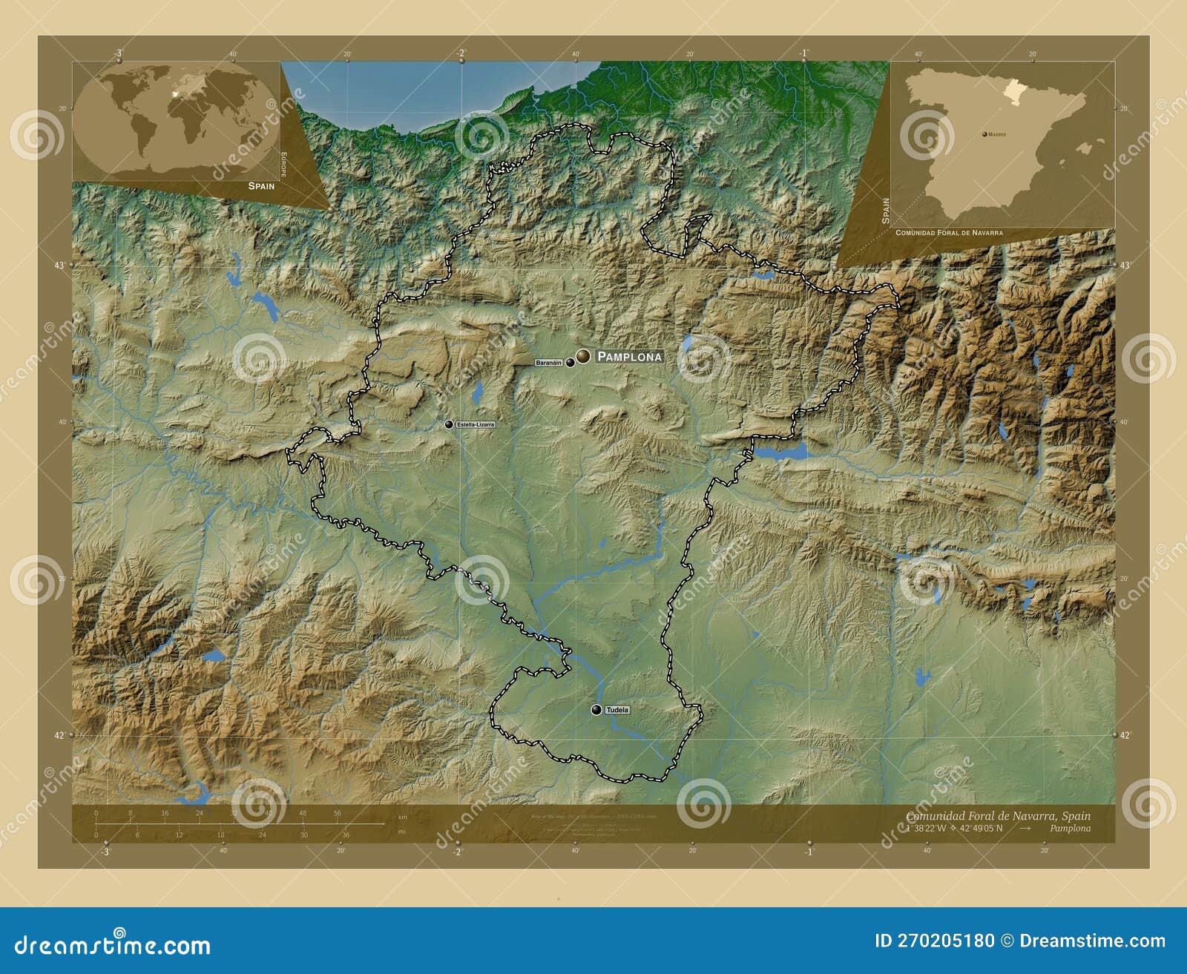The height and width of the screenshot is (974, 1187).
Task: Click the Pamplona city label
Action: pos(629,357)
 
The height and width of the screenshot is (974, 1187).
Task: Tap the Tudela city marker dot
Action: pos(596,710)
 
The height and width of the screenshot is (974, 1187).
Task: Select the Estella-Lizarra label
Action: pos(475,424)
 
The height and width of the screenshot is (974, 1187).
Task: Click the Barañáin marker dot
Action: pos(570,363)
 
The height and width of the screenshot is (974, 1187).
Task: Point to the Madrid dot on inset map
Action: pos(984,134)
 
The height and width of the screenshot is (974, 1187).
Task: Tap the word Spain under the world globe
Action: pos(261,186)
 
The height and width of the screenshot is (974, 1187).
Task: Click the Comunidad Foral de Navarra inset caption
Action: pos(949,233)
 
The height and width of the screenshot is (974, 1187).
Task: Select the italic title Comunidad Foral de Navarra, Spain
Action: pos(998,816)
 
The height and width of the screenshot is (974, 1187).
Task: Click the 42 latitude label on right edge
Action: pos(1125,735)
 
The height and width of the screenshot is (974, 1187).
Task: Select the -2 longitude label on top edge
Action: pos(461,53)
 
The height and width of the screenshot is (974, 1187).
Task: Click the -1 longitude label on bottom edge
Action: pos(808,852)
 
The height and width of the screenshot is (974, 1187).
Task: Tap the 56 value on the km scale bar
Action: pos(337,813)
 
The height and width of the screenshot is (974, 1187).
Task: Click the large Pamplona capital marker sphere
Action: pos(584,356)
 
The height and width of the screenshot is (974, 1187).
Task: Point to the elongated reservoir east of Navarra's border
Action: pos(783,452)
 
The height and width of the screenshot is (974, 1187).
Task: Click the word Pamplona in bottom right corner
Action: pos(1070,829)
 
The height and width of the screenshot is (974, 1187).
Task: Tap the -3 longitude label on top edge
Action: pos(118,53)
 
